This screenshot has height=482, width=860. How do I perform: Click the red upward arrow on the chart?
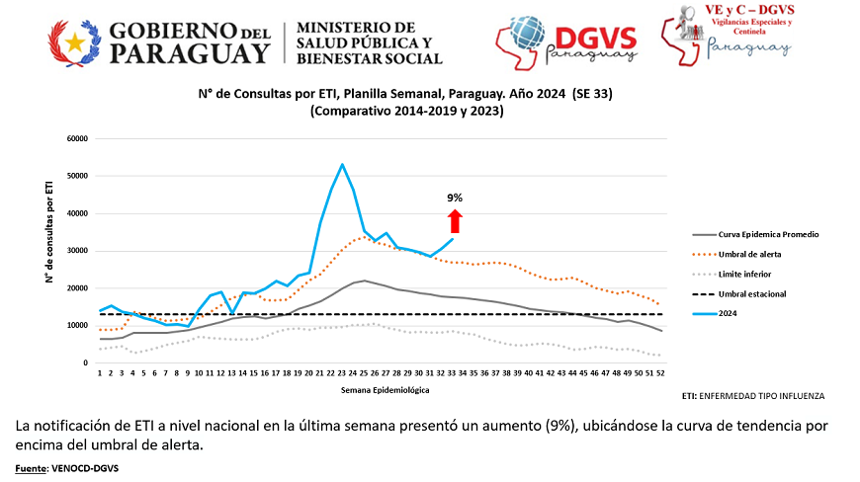[x=454, y=220]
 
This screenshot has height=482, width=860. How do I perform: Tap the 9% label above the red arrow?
[x=455, y=198]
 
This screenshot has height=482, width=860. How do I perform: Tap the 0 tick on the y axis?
[x=87, y=363]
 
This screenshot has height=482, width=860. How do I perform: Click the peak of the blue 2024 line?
[x=342, y=165]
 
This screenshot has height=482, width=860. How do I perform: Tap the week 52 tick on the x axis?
[x=660, y=374]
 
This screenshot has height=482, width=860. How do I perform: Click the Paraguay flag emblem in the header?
[x=74, y=41]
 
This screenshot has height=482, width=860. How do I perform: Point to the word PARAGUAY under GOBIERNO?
[x=190, y=53]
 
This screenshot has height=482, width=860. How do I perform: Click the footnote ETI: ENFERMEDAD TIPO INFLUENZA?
[x=753, y=395]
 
